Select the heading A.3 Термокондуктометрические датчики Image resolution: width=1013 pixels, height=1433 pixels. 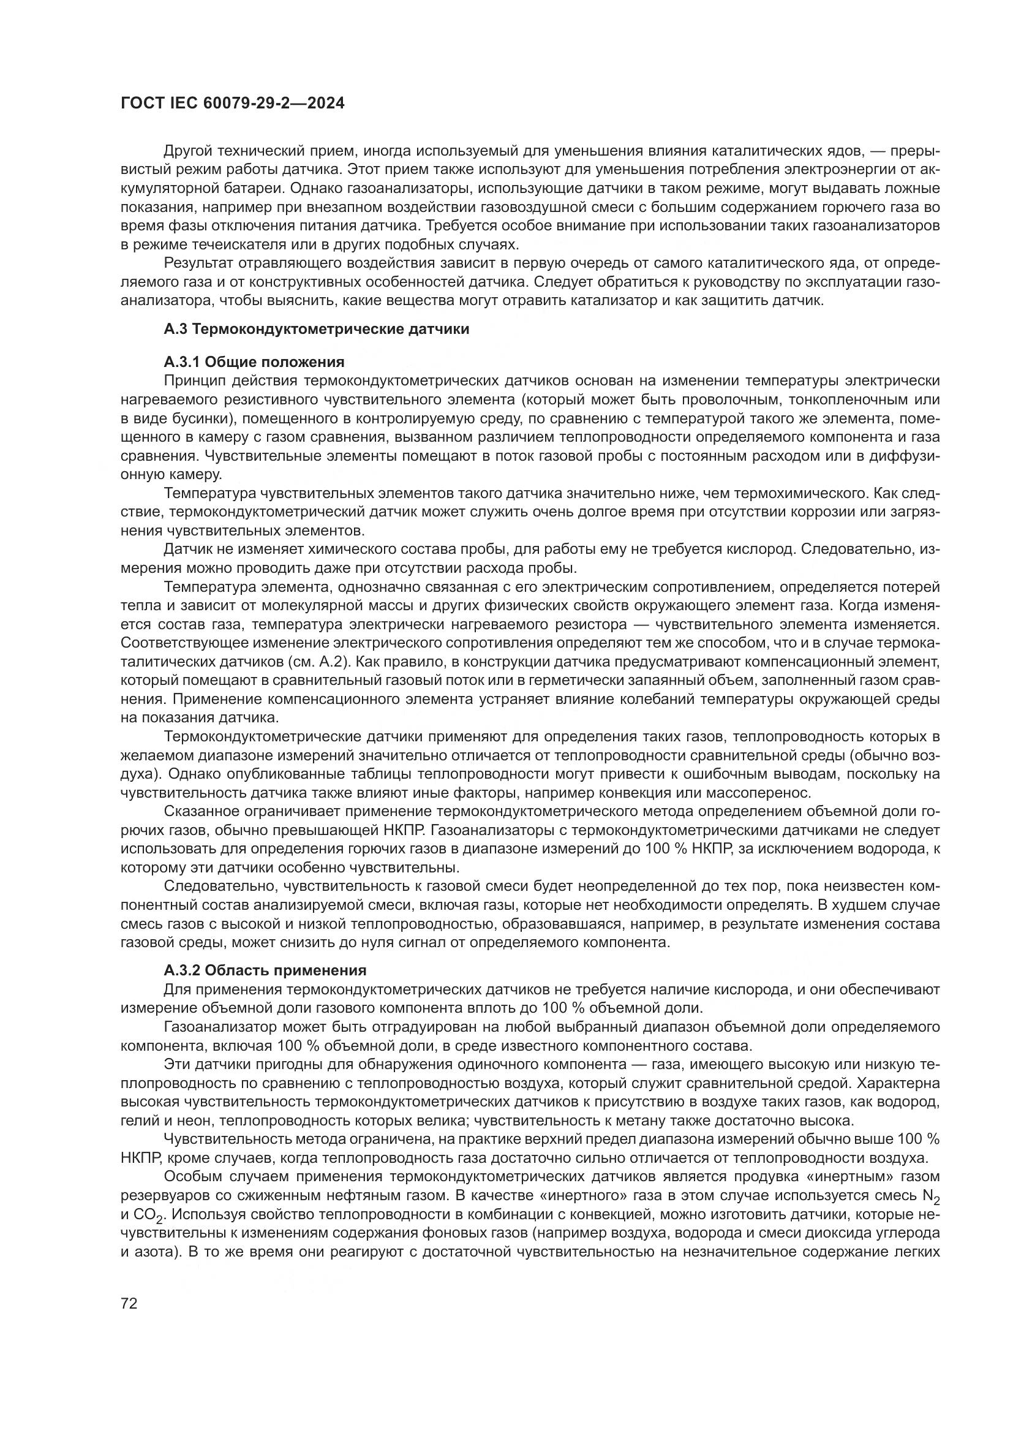click(316, 329)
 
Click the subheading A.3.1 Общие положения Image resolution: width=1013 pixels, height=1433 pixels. click(254, 362)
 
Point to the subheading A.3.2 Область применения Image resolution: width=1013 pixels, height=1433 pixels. click(265, 988)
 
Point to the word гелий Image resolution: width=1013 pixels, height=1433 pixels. click(137, 1120)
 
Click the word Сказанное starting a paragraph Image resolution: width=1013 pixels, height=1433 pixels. click(199, 811)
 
